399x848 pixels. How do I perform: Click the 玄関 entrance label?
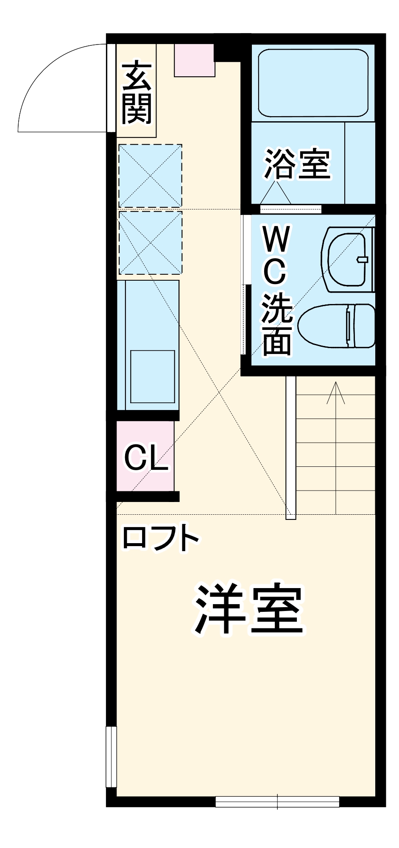click(137, 92)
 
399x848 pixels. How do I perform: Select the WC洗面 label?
click(277, 290)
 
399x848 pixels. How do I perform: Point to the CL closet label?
click(146, 457)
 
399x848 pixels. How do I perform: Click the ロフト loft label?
click(161, 538)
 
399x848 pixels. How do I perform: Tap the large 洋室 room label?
click(249, 610)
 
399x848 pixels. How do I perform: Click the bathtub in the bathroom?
click(313, 83)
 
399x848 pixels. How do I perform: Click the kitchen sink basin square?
click(152, 376)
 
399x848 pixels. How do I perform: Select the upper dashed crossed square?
click(150, 176)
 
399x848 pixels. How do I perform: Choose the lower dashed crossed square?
click(150, 243)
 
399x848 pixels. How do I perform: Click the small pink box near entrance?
click(194, 60)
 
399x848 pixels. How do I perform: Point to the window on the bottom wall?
click(277, 798)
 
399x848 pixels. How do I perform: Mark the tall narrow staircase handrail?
click(290, 447)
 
